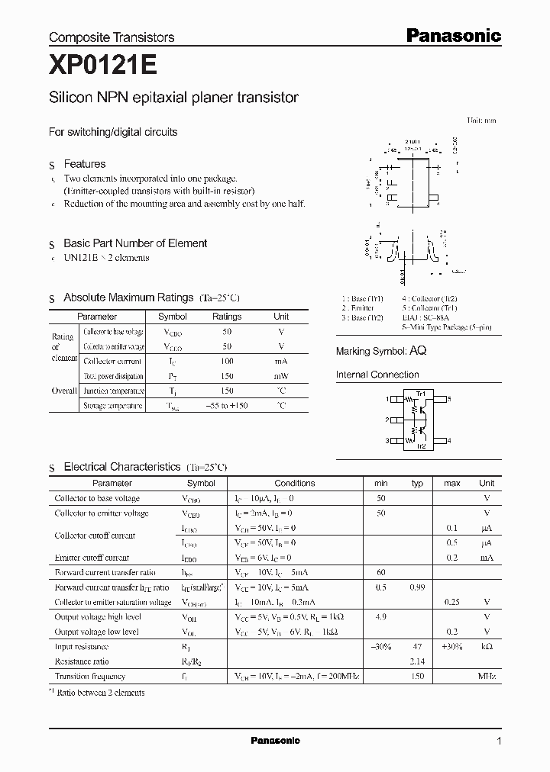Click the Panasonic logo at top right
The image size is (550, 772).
453,35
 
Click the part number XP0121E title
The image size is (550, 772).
103,66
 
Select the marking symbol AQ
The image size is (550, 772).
418,351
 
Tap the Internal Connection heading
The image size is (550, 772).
377,375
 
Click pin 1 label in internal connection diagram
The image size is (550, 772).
388,399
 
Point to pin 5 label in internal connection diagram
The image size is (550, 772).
449,399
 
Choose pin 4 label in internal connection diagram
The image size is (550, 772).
449,440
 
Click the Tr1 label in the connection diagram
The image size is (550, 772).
419,393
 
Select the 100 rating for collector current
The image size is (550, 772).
226,361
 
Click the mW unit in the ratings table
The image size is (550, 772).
281,376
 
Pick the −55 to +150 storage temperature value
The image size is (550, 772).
226,406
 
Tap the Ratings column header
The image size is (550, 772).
226,316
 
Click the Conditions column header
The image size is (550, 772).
294,483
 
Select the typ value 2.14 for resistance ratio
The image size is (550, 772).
417,661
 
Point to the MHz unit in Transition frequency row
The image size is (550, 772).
487,676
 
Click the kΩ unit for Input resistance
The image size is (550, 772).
487,647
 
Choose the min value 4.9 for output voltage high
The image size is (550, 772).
381,617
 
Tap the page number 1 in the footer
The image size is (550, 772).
499,741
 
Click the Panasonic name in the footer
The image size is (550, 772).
275,741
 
